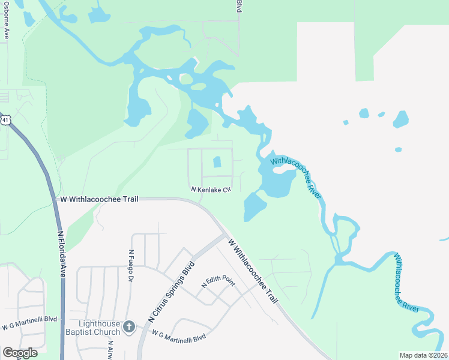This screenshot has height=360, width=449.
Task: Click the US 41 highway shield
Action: pyautogui.click(x=5, y=120)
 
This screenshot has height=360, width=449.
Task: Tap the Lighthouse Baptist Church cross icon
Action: pyautogui.click(x=128, y=327)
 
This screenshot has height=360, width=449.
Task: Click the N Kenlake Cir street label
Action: pyautogui.click(x=211, y=190)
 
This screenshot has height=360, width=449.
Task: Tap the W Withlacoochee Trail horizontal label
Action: pyautogui.click(x=100, y=199)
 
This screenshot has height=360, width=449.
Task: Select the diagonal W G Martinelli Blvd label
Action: pyautogui.click(x=178, y=336)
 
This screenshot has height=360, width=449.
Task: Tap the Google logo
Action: pyautogui.click(x=20, y=353)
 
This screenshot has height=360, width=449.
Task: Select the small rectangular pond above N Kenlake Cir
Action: pyautogui.click(x=217, y=162)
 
